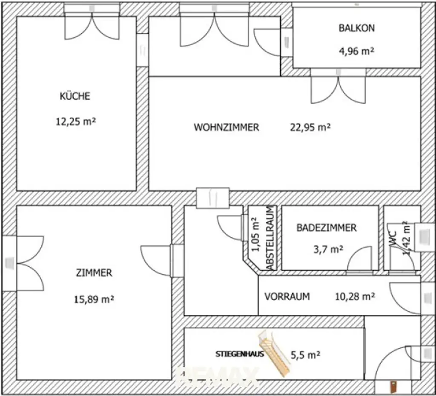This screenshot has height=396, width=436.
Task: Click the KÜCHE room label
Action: click(75, 96)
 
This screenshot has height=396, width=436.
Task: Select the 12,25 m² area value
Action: click(75, 122)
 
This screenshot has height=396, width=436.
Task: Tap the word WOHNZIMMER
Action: click(226, 127)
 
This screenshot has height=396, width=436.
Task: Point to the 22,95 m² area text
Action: click(310, 127)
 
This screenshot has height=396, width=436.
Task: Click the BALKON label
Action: click(356, 28)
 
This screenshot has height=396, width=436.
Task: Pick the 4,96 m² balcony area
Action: click(356, 52)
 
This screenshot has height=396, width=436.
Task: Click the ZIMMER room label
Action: click(94, 273)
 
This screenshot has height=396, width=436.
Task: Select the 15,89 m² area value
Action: click(94, 299)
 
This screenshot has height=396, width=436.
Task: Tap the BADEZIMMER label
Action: click(326, 228)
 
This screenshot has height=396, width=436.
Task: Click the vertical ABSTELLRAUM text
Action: click(270, 238)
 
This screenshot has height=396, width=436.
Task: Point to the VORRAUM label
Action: click(287, 296)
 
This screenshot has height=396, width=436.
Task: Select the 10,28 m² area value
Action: click(354, 296)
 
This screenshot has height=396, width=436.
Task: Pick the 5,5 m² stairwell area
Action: click(305, 354)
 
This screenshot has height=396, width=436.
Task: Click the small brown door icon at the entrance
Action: click(393, 387)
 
